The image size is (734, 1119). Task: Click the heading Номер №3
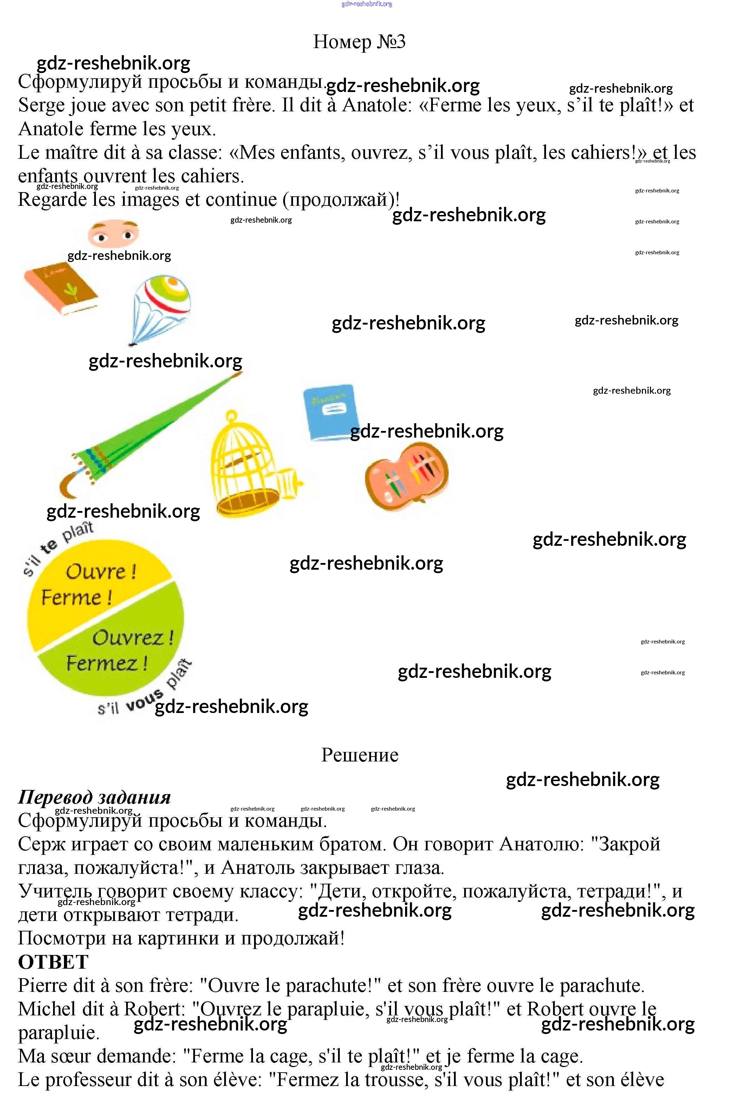click(x=359, y=41)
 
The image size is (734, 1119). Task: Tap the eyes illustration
click(x=113, y=234)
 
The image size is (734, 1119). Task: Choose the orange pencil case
click(x=407, y=477)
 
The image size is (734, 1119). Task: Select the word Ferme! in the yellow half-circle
click(x=77, y=597)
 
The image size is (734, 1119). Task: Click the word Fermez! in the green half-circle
click(x=107, y=663)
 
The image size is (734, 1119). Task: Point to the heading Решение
click(x=360, y=755)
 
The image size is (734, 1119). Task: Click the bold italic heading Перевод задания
click(x=94, y=797)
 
